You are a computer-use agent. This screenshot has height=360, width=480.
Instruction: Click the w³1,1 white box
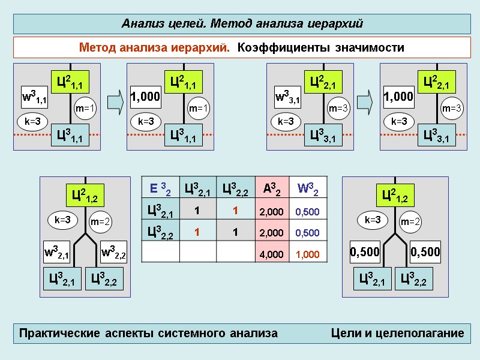coord(35,96)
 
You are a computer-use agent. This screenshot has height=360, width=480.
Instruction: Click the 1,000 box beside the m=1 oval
coord(146,96)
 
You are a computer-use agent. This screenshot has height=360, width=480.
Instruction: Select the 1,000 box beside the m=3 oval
coord(399,96)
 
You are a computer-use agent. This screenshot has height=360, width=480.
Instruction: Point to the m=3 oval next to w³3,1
coord(338,109)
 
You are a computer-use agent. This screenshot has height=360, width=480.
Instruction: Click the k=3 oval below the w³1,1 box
coord(32,122)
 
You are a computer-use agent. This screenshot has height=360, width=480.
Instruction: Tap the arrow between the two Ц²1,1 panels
coord(118,100)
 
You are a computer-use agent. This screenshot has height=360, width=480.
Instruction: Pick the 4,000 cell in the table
coord(271,254)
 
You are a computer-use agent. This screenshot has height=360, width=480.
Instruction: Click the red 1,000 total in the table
coord(307,254)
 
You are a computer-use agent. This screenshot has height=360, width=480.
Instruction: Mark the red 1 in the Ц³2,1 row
coord(236,211)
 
